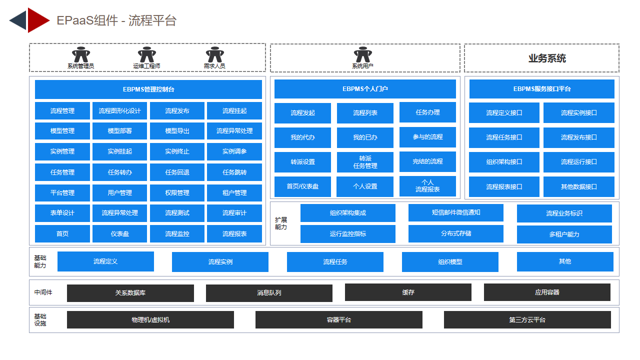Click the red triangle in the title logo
click(36, 20)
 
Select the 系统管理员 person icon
click(81, 54)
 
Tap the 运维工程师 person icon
click(147, 54)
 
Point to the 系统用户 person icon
click(363, 54)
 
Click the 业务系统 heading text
click(547, 58)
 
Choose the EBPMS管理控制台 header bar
click(148, 89)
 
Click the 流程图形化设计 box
click(119, 111)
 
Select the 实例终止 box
click(177, 151)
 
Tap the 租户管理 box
click(234, 193)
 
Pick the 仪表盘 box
click(119, 233)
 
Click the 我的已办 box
click(365, 137)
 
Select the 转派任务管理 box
click(365, 162)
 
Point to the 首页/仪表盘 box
click(302, 186)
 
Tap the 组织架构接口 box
click(504, 162)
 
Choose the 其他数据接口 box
click(579, 187)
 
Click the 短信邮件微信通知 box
click(456, 212)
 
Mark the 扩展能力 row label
click(281, 223)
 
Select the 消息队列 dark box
click(269, 293)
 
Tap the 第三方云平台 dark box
click(527, 319)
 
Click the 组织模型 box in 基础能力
click(450, 261)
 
